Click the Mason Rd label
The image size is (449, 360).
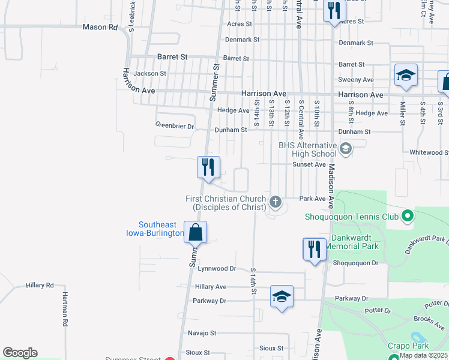click(100, 27)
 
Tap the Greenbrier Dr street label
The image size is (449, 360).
click(175, 127)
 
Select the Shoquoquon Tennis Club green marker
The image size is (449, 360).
click(408, 214)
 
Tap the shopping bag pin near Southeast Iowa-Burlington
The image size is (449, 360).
click(195, 232)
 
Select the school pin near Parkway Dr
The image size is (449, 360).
click(282, 296)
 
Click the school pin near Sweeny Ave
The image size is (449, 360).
click(406, 76)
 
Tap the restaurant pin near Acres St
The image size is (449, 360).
click(334, 11)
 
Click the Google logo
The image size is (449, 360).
click(20, 353)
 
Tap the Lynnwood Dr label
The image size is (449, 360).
click(217, 269)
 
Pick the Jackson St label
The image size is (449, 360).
click(150, 73)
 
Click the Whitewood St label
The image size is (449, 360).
click(429, 152)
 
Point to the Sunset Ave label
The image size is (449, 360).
click(309, 164)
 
